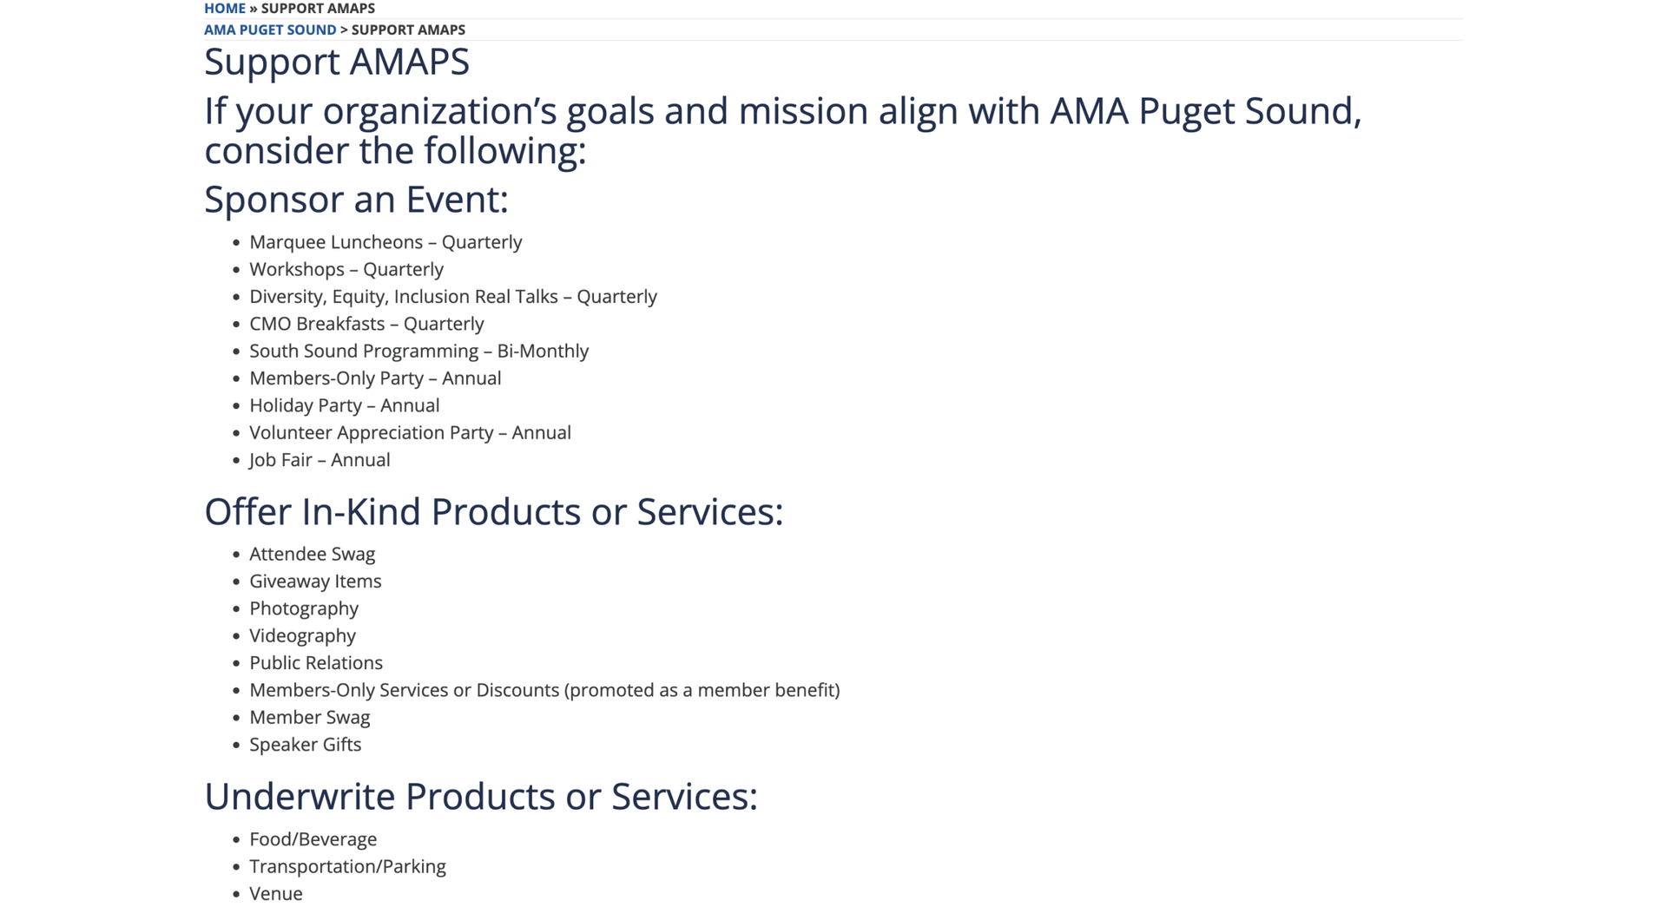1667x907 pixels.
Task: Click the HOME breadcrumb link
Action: [225, 9]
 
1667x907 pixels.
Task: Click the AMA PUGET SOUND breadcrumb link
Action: [270, 30]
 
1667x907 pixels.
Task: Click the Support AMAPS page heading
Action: [337, 62]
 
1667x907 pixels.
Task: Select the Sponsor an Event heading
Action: [356, 200]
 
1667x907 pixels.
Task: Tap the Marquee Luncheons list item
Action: [385, 242]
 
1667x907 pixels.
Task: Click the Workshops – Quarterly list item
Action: [346, 269]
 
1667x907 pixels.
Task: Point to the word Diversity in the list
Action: [287, 297]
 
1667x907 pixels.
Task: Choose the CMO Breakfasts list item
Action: [366, 324]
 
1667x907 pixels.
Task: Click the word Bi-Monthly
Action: [543, 351]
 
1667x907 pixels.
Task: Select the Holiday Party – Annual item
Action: [345, 405]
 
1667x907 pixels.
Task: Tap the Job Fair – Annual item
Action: [320, 460]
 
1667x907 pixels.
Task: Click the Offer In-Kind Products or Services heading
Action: [493, 512]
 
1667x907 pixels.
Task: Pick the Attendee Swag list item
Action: [313, 554]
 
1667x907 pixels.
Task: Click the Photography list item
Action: [304, 608]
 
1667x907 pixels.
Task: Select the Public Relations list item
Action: [316, 663]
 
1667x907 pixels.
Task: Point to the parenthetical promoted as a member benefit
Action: [702, 690]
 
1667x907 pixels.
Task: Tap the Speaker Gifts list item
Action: [306, 745]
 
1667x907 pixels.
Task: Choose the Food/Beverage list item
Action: [313, 839]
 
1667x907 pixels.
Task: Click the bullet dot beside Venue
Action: [236, 894]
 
